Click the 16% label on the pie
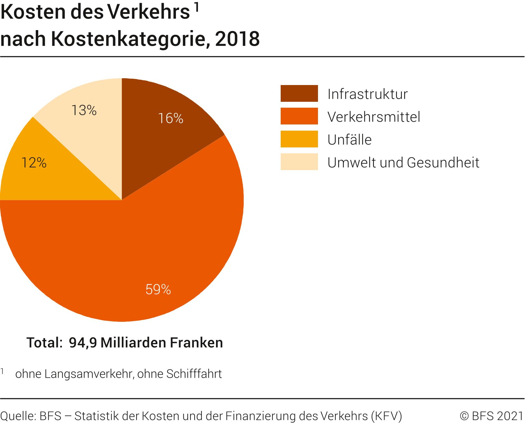pos(171,118)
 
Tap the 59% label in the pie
pos(158,290)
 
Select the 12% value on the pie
pos(34,163)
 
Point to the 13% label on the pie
pos(84,110)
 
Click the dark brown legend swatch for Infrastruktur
pos(299,93)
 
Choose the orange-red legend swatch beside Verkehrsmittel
pos(299,116)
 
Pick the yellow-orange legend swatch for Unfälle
pos(299,139)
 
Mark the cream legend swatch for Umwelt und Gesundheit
pos(299,162)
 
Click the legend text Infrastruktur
pos(367,94)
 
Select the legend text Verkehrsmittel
pos(374,117)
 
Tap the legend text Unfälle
pos(349,140)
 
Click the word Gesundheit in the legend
pos(443,163)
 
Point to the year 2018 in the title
pos(237,39)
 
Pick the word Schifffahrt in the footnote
pos(194,374)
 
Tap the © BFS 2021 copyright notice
pos(492,416)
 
